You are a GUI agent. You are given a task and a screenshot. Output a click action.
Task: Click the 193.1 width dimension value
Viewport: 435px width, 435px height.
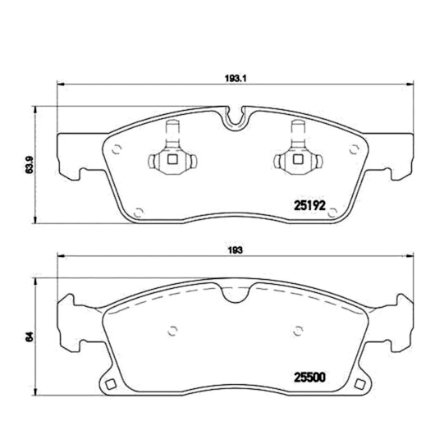click(x=236, y=79)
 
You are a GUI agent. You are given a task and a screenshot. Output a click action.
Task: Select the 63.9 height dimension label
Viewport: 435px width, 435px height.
click(x=29, y=165)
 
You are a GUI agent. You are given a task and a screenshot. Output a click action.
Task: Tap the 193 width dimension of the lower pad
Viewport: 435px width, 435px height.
click(x=236, y=250)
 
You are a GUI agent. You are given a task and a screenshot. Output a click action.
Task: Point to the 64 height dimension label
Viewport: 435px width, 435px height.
click(x=30, y=337)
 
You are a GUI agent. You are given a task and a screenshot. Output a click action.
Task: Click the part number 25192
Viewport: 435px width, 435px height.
click(x=309, y=206)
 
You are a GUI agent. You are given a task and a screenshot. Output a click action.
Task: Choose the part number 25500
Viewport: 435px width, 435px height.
click(x=309, y=378)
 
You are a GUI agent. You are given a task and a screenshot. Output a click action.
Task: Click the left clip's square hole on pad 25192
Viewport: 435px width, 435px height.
click(x=172, y=159)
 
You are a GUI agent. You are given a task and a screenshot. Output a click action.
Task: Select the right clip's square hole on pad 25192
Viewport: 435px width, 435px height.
click(x=298, y=159)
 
